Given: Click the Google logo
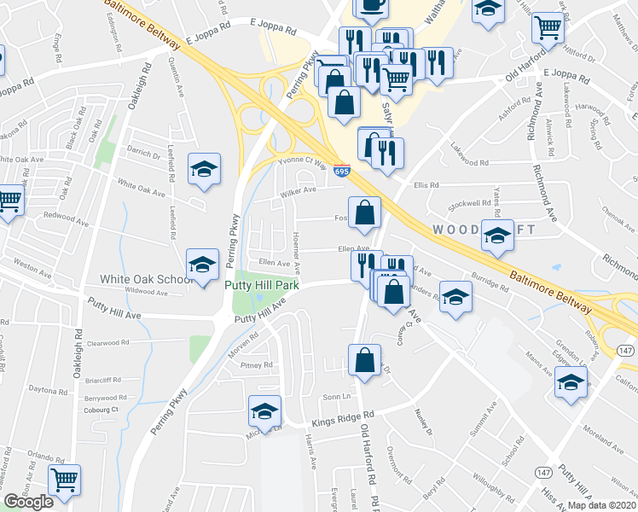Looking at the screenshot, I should (28, 502).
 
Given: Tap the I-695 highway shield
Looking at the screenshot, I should (342, 172).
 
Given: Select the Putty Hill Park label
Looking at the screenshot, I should (262, 286).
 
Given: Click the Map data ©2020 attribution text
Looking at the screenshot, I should (602, 505).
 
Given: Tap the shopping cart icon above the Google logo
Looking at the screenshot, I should (64, 480).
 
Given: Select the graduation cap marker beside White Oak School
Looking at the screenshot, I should (203, 265).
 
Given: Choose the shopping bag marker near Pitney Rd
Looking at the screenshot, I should (364, 361).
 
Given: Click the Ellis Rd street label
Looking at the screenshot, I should (426, 184).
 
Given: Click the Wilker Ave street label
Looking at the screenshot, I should (299, 191).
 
